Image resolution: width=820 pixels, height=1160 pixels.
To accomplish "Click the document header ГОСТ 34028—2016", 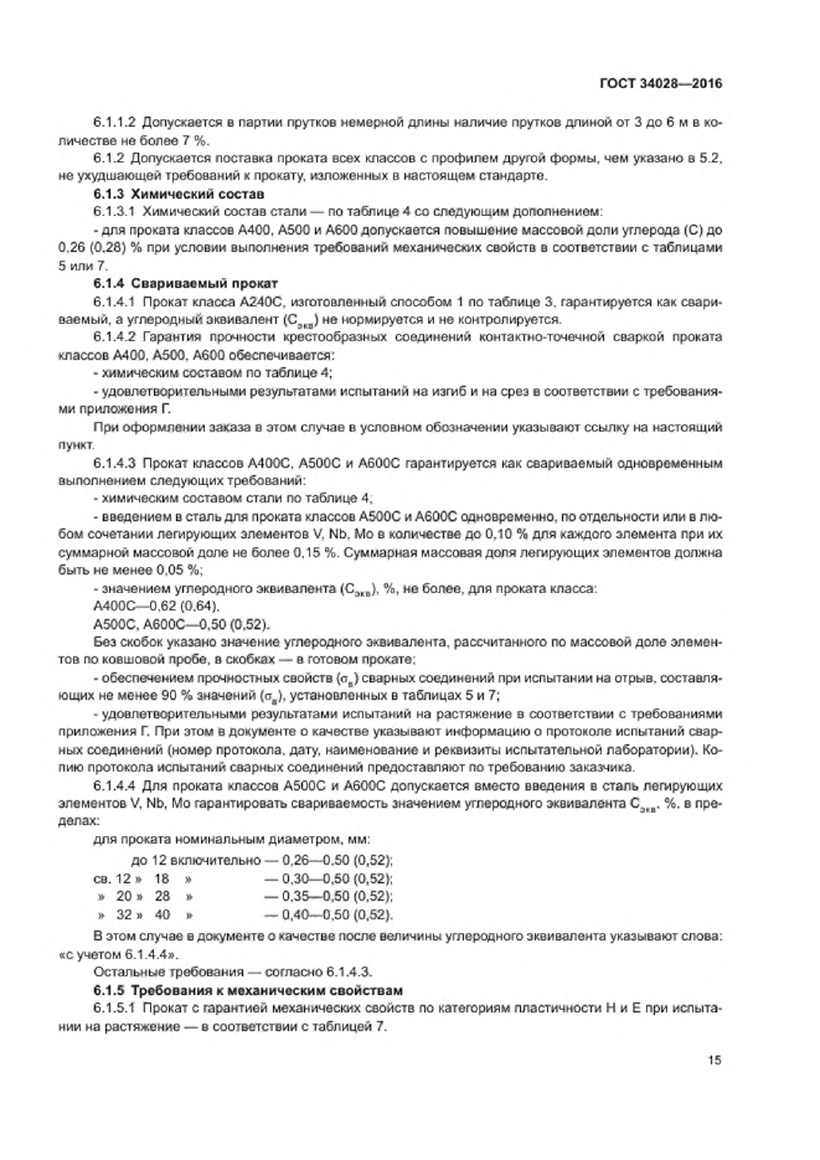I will point(660,83).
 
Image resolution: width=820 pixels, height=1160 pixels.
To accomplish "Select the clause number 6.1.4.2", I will point(115,337).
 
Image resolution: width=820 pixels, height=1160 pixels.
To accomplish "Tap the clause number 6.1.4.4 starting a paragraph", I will point(115,786).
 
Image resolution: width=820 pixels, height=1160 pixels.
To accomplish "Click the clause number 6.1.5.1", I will point(115,1008).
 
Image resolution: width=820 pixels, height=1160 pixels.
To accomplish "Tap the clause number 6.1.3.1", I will point(115,212).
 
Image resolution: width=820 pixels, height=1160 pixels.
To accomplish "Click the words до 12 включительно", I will point(196,860).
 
